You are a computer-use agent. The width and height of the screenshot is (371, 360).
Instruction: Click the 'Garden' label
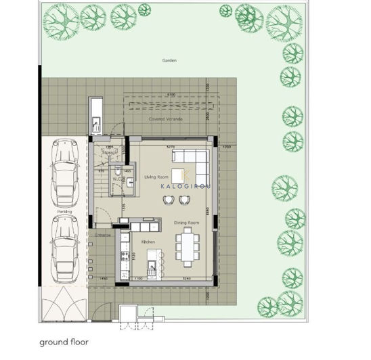point(169,60)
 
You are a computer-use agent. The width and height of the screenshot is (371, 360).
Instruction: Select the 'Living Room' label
point(156,177)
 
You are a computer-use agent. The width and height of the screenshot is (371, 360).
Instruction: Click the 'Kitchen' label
point(149,241)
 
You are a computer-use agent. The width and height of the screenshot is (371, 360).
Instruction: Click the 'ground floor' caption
point(63,341)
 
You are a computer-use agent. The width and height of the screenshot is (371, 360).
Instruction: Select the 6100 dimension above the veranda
point(171,95)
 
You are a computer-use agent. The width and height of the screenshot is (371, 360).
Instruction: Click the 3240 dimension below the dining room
point(186,279)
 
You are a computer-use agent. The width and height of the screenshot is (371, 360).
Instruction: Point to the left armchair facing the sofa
point(168,199)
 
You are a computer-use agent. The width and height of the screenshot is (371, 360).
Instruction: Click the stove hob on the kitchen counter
point(124,255)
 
